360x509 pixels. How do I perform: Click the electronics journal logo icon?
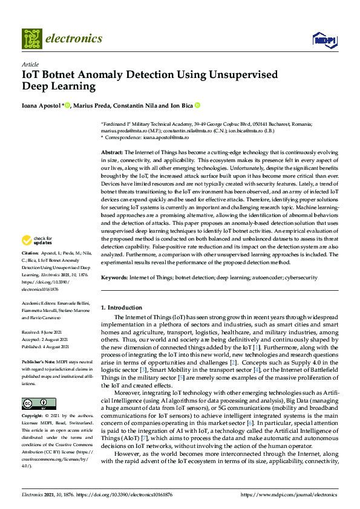[32, 39]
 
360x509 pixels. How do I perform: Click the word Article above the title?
[30, 65]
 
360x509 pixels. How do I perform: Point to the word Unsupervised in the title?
[242, 75]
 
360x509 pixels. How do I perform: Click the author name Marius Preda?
[91, 106]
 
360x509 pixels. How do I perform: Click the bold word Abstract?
[112, 153]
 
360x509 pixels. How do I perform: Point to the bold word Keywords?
[114, 277]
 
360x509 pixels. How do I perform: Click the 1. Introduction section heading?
[122, 307]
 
